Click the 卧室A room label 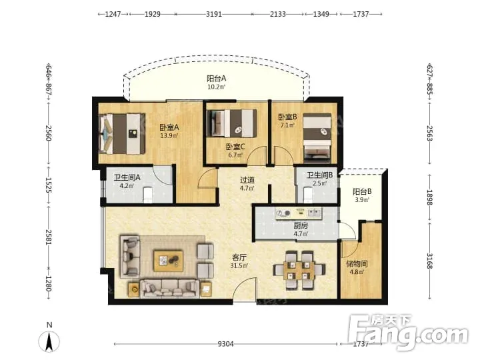tap(169, 127)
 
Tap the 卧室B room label tap(287, 117)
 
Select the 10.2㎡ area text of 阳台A tap(216, 87)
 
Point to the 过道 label tap(247, 180)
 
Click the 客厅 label tap(239, 258)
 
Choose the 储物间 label tap(357, 263)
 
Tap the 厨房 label tap(301, 226)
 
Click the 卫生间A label tap(127, 177)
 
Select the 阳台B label tap(362, 192)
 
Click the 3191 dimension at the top tap(214, 14)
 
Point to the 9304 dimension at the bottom tap(225, 344)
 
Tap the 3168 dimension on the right tap(430, 261)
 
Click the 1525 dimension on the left tap(49, 185)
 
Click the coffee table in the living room tap(169, 261)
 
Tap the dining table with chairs tap(299, 270)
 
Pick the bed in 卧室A tap(122, 134)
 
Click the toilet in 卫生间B tap(307, 195)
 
